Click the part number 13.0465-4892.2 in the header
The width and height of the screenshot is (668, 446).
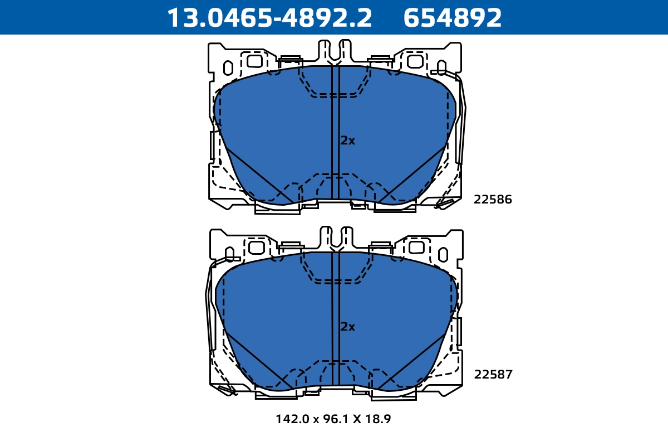click(269, 18)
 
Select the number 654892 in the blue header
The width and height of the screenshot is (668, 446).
click(453, 18)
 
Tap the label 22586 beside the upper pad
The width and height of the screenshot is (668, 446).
click(493, 199)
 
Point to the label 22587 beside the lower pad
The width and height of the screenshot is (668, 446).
click(493, 374)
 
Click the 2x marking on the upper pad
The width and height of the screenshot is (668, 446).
click(348, 140)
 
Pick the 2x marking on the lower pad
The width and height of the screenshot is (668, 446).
click(348, 327)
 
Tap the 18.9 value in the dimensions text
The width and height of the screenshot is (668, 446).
click(378, 419)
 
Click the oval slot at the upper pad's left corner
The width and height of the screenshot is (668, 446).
click(228, 68)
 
